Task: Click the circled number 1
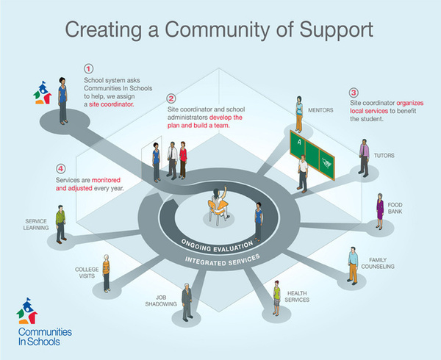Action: [x=89, y=69]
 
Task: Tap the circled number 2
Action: [x=171, y=98]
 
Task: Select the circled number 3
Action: [x=354, y=93]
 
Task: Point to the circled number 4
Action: [x=60, y=169]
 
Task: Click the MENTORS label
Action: [x=320, y=110]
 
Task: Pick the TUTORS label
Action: [x=384, y=156]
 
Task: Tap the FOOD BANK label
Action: [x=395, y=208]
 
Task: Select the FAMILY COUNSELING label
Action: [x=378, y=263]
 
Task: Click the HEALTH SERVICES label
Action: [x=297, y=297]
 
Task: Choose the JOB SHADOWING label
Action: [x=161, y=300]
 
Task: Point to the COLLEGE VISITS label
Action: [x=87, y=273]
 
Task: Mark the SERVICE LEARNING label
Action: [x=36, y=225]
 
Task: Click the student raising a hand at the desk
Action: [x=219, y=203]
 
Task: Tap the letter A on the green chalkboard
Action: [x=300, y=143]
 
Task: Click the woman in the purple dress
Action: [x=380, y=211]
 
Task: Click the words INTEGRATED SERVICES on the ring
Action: [x=222, y=261]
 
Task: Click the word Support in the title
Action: [x=337, y=30]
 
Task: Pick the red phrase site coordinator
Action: [x=112, y=104]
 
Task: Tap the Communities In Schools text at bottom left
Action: [x=45, y=336]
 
